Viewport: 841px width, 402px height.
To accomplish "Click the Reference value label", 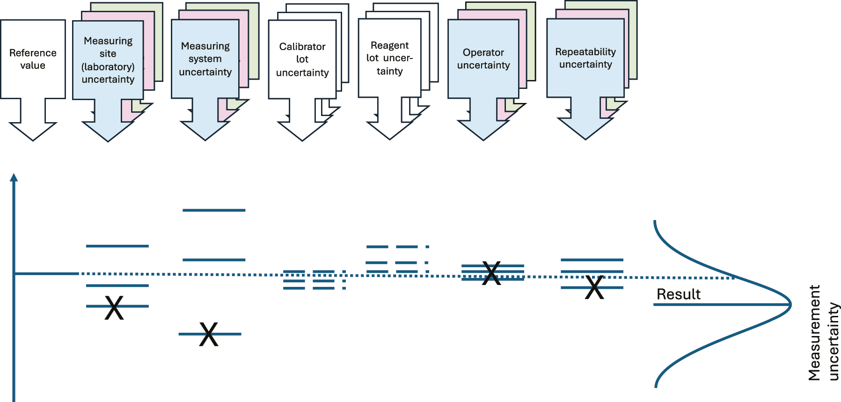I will pos(33,59).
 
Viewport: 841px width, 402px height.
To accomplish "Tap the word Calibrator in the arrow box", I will pos(302,46).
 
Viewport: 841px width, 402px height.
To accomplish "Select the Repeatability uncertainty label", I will pos(585,58).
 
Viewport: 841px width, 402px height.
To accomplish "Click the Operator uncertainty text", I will pos(483,59).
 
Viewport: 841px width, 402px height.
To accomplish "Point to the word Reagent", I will pos(389,45).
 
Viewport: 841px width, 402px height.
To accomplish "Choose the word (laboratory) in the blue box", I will pos(108,67).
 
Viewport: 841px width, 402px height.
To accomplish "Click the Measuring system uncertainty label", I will pos(205,59).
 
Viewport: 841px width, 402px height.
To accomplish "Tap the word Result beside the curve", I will pos(678,294).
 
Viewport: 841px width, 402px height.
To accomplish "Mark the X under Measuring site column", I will pos(114,307).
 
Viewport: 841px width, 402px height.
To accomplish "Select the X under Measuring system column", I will pos(209,334).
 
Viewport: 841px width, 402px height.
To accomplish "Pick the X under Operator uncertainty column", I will pos(491,273).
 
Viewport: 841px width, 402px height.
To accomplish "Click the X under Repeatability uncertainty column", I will pos(594,287).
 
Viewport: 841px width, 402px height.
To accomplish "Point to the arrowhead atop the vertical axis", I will pos(14,177).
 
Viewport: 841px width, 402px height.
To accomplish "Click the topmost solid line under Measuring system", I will pos(214,210).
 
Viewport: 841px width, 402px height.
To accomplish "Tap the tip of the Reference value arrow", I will pos(33,139).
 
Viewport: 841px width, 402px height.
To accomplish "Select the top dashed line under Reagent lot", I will pos(397,247).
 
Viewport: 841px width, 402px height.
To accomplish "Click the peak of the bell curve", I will pos(790,304).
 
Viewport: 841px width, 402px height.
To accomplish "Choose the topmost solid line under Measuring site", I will pos(117,246).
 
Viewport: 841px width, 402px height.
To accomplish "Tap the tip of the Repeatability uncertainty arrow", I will pos(585,139).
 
